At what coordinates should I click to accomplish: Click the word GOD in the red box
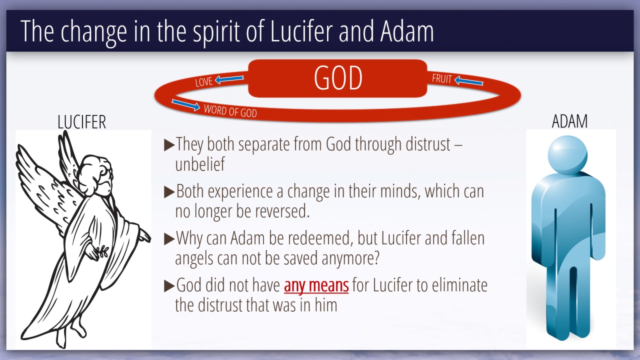click(338, 77)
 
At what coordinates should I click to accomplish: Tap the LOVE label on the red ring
click(203, 81)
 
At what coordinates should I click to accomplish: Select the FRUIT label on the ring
click(441, 78)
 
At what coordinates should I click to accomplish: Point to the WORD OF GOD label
click(230, 111)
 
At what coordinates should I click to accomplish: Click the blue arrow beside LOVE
click(229, 79)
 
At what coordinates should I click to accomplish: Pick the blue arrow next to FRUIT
click(468, 80)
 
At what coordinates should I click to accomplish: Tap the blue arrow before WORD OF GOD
click(185, 105)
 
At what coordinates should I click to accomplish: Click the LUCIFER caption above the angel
click(81, 122)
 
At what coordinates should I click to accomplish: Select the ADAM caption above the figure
click(569, 121)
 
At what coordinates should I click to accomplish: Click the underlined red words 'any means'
click(316, 285)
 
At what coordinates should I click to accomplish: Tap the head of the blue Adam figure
click(567, 154)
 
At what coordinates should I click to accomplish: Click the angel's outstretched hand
click(144, 236)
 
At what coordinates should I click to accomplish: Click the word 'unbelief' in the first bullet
click(200, 164)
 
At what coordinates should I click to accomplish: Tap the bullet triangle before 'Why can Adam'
click(169, 239)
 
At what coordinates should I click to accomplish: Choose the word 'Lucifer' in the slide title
click(301, 31)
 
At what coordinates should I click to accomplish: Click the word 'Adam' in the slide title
click(407, 31)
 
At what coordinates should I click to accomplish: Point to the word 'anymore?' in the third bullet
click(350, 258)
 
